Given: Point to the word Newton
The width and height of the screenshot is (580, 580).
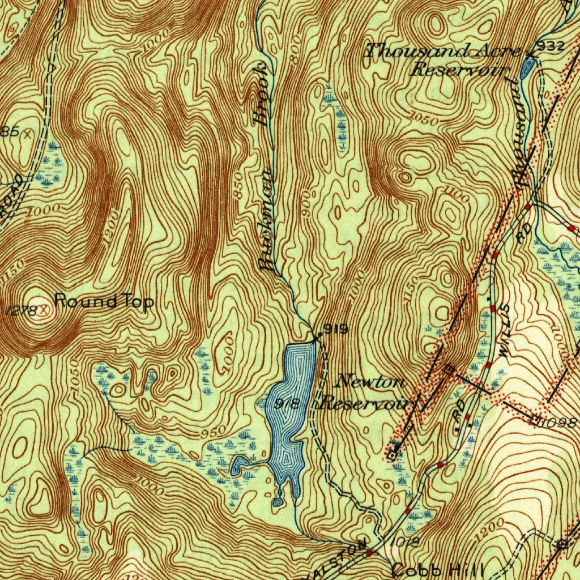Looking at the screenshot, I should pos(369,382).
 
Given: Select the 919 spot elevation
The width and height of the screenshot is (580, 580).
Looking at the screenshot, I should pos(336,329).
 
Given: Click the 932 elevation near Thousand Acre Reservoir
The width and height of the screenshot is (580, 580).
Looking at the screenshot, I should pos(551,46).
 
